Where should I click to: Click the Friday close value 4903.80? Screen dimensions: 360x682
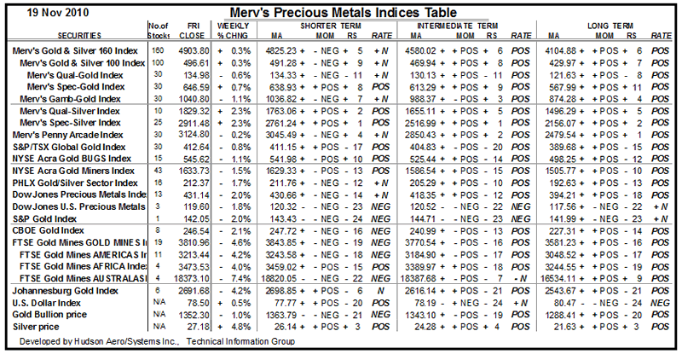pos(193,51)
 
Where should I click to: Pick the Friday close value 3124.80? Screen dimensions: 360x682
pos(193,135)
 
